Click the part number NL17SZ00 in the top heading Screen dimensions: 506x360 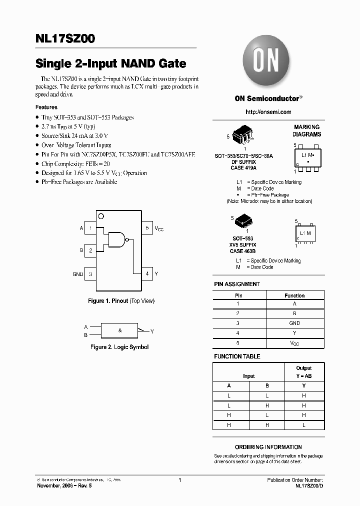coord(69,38)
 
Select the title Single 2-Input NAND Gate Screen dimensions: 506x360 coord(110,64)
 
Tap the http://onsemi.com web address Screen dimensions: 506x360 coord(268,112)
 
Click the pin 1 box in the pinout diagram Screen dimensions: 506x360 coord(90,228)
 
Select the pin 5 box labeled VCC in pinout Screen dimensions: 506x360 coord(147,228)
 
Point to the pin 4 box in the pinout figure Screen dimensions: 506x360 coord(147,273)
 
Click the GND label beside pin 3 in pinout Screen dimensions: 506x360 coord(77,274)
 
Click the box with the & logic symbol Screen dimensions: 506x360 coord(120,331)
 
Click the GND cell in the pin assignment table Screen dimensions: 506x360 coord(294,323)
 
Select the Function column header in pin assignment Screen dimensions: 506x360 coord(294,295)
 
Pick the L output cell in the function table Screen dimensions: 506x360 coord(303,424)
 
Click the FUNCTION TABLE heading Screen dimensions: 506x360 coord(237,356)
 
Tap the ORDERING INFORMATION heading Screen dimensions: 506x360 coord(268,447)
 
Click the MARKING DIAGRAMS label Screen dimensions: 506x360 coord(307,131)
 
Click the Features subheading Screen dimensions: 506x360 coord(46,107)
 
